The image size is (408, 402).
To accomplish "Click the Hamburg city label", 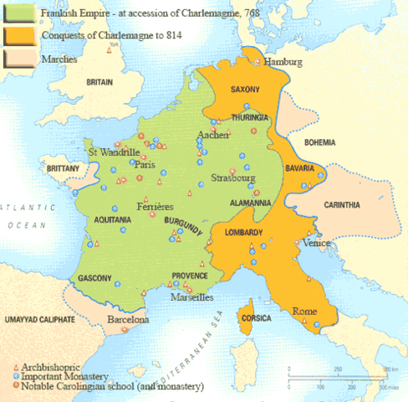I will tap(283, 63).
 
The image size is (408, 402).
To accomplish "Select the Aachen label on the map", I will tap(210, 135).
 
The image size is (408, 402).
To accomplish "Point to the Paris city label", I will tap(146, 165).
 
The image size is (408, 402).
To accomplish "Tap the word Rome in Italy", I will tap(304, 312).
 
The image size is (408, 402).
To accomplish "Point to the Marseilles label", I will tap(191, 297).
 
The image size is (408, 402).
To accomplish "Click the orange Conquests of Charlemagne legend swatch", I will tap(13, 34).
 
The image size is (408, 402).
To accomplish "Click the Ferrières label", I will tap(156, 206).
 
